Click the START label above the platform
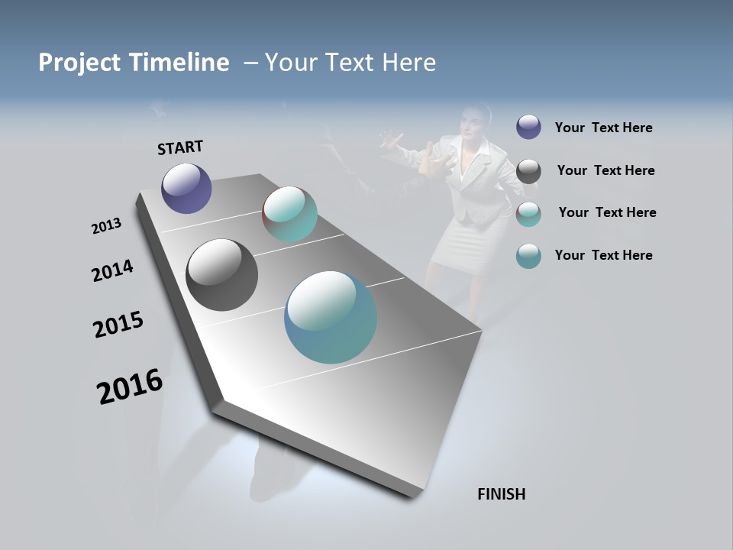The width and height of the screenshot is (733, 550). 180,147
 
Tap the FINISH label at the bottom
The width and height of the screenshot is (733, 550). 501,494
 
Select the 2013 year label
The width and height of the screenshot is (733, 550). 106,226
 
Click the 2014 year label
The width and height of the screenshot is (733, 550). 112,270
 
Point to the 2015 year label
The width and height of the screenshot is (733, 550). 118,325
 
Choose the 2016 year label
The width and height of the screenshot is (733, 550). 130,387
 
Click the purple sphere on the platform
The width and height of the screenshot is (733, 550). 186,188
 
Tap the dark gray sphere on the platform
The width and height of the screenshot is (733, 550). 221,275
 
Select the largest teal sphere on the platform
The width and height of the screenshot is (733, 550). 331,317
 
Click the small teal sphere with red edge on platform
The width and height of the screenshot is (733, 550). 289,214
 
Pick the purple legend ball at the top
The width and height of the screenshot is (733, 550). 528,127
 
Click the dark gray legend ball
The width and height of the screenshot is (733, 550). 528,171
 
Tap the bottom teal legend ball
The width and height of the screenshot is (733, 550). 528,256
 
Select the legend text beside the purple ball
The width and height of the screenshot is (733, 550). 603,128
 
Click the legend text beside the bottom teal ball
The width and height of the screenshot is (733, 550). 603,255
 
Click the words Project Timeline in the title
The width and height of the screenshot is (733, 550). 134,63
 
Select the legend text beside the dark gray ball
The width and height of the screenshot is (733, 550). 605,170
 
